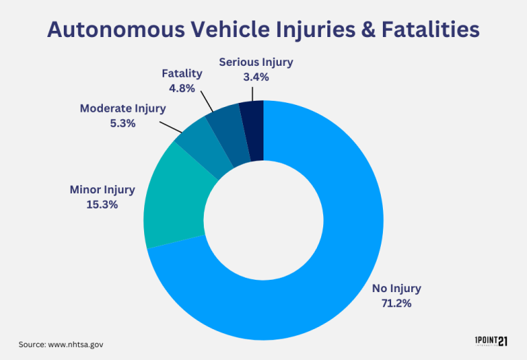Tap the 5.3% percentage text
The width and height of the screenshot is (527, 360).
coord(123,123)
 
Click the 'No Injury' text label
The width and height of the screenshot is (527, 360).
coord(397,288)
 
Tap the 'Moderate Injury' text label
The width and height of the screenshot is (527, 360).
coord(123,108)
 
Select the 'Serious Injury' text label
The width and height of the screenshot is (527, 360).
coord(256,62)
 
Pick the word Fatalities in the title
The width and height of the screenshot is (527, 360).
coord(421,30)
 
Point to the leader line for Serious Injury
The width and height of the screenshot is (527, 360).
coord(255,92)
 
